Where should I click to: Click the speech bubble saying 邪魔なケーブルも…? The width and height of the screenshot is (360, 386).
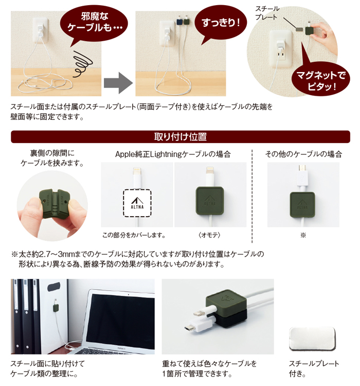pos(94,22)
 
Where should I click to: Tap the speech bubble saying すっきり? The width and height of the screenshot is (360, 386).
pos(221,23)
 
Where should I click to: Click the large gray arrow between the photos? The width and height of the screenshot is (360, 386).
pos(118,83)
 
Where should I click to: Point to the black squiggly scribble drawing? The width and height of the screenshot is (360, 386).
pos(82,63)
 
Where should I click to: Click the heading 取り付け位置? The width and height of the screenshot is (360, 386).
pos(181,136)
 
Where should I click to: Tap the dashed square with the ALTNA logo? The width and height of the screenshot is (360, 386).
pos(137,203)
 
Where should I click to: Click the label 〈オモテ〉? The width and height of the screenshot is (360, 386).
pos(209,235)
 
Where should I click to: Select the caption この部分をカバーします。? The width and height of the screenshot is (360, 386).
pos(134,235)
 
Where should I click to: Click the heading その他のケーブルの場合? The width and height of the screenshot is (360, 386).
pos(303,154)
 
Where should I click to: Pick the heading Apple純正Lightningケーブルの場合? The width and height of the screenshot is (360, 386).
pos(173,154)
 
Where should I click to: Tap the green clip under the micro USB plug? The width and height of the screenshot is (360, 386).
pos(302,204)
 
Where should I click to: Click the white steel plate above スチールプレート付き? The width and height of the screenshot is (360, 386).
pos(313,339)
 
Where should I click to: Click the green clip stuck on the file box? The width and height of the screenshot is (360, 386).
pos(56,308)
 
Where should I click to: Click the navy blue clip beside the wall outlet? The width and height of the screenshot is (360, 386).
pos(179,22)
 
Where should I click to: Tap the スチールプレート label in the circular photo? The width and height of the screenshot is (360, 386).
pos(266,13)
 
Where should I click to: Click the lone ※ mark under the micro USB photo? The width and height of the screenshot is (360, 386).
pos(303,235)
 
